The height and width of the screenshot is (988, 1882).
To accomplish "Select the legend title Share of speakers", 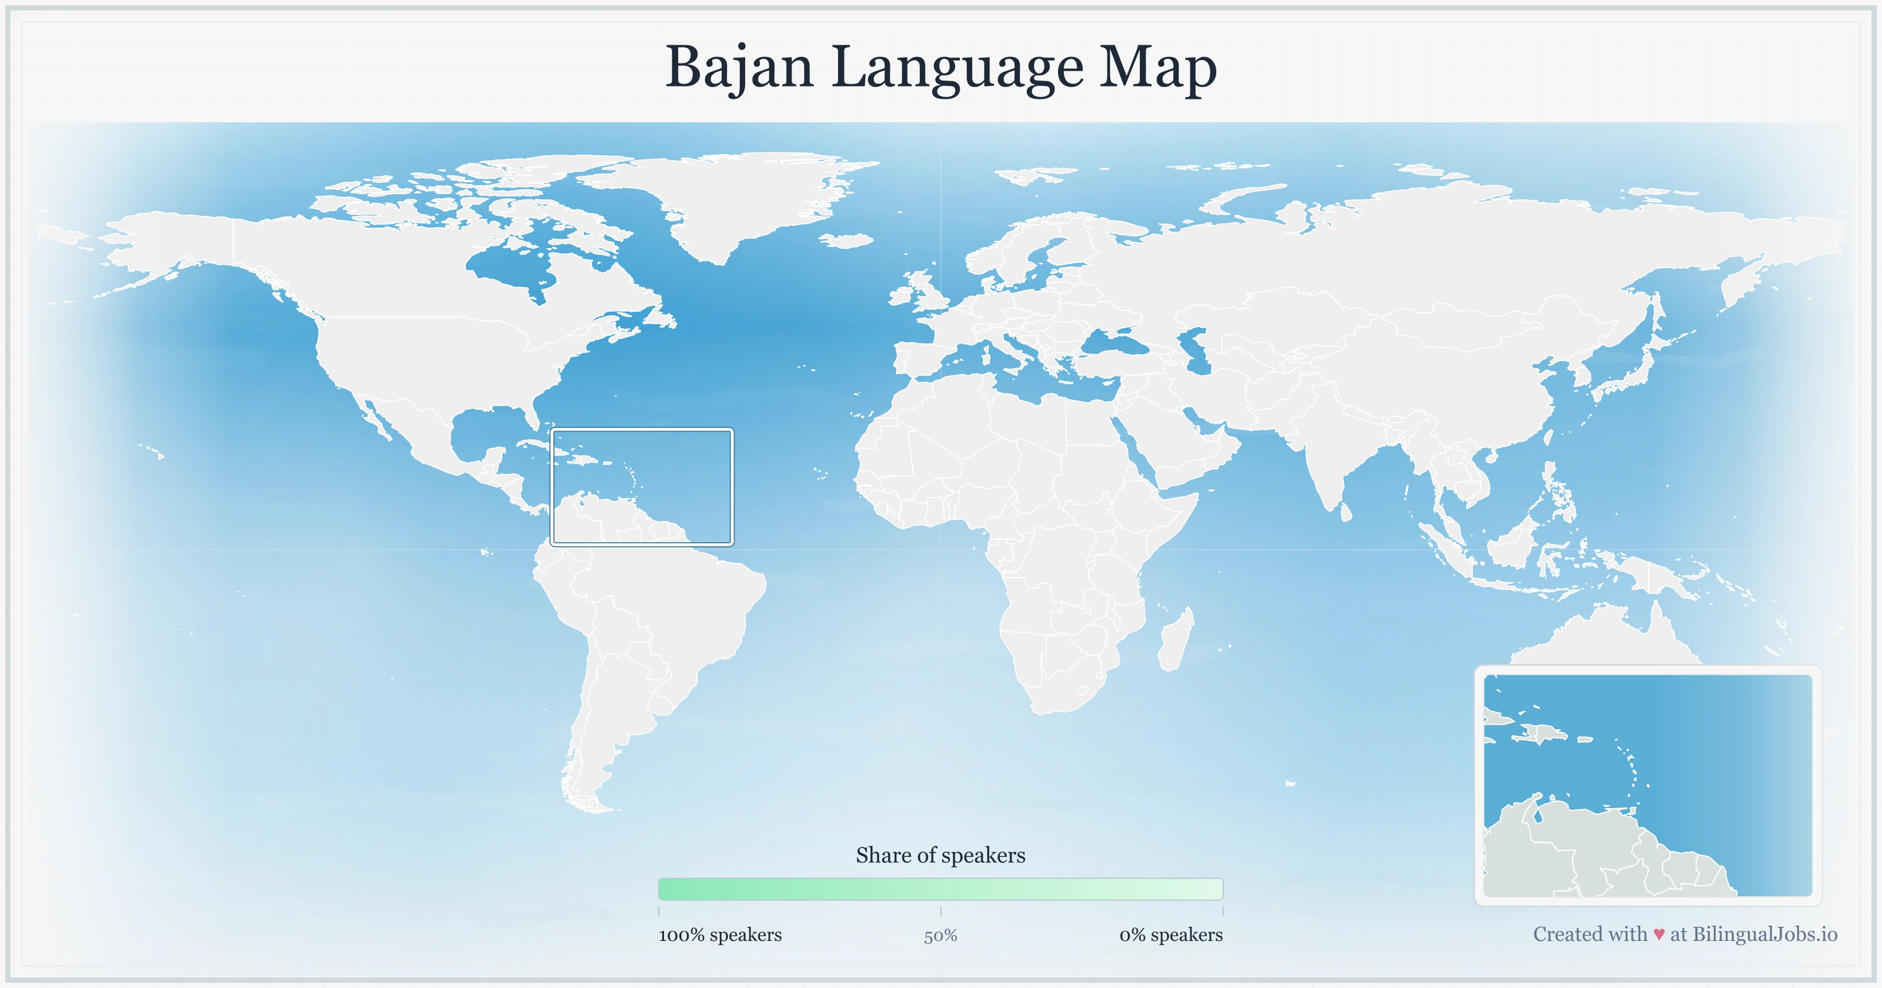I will (x=940, y=855).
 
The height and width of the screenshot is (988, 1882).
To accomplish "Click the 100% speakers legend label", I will (x=720, y=934).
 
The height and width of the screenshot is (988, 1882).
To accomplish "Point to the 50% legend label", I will (x=940, y=936).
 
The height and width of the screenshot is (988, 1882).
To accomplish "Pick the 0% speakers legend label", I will (x=1170, y=934).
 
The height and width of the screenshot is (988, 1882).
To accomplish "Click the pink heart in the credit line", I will (x=1659, y=934).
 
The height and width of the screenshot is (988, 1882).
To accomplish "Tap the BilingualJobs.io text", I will (x=1764, y=934).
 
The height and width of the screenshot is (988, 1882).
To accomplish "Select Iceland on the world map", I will (x=847, y=240).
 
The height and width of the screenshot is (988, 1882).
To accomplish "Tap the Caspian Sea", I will (x=1194, y=351).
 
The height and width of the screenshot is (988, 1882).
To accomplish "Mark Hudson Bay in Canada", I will (x=512, y=267).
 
